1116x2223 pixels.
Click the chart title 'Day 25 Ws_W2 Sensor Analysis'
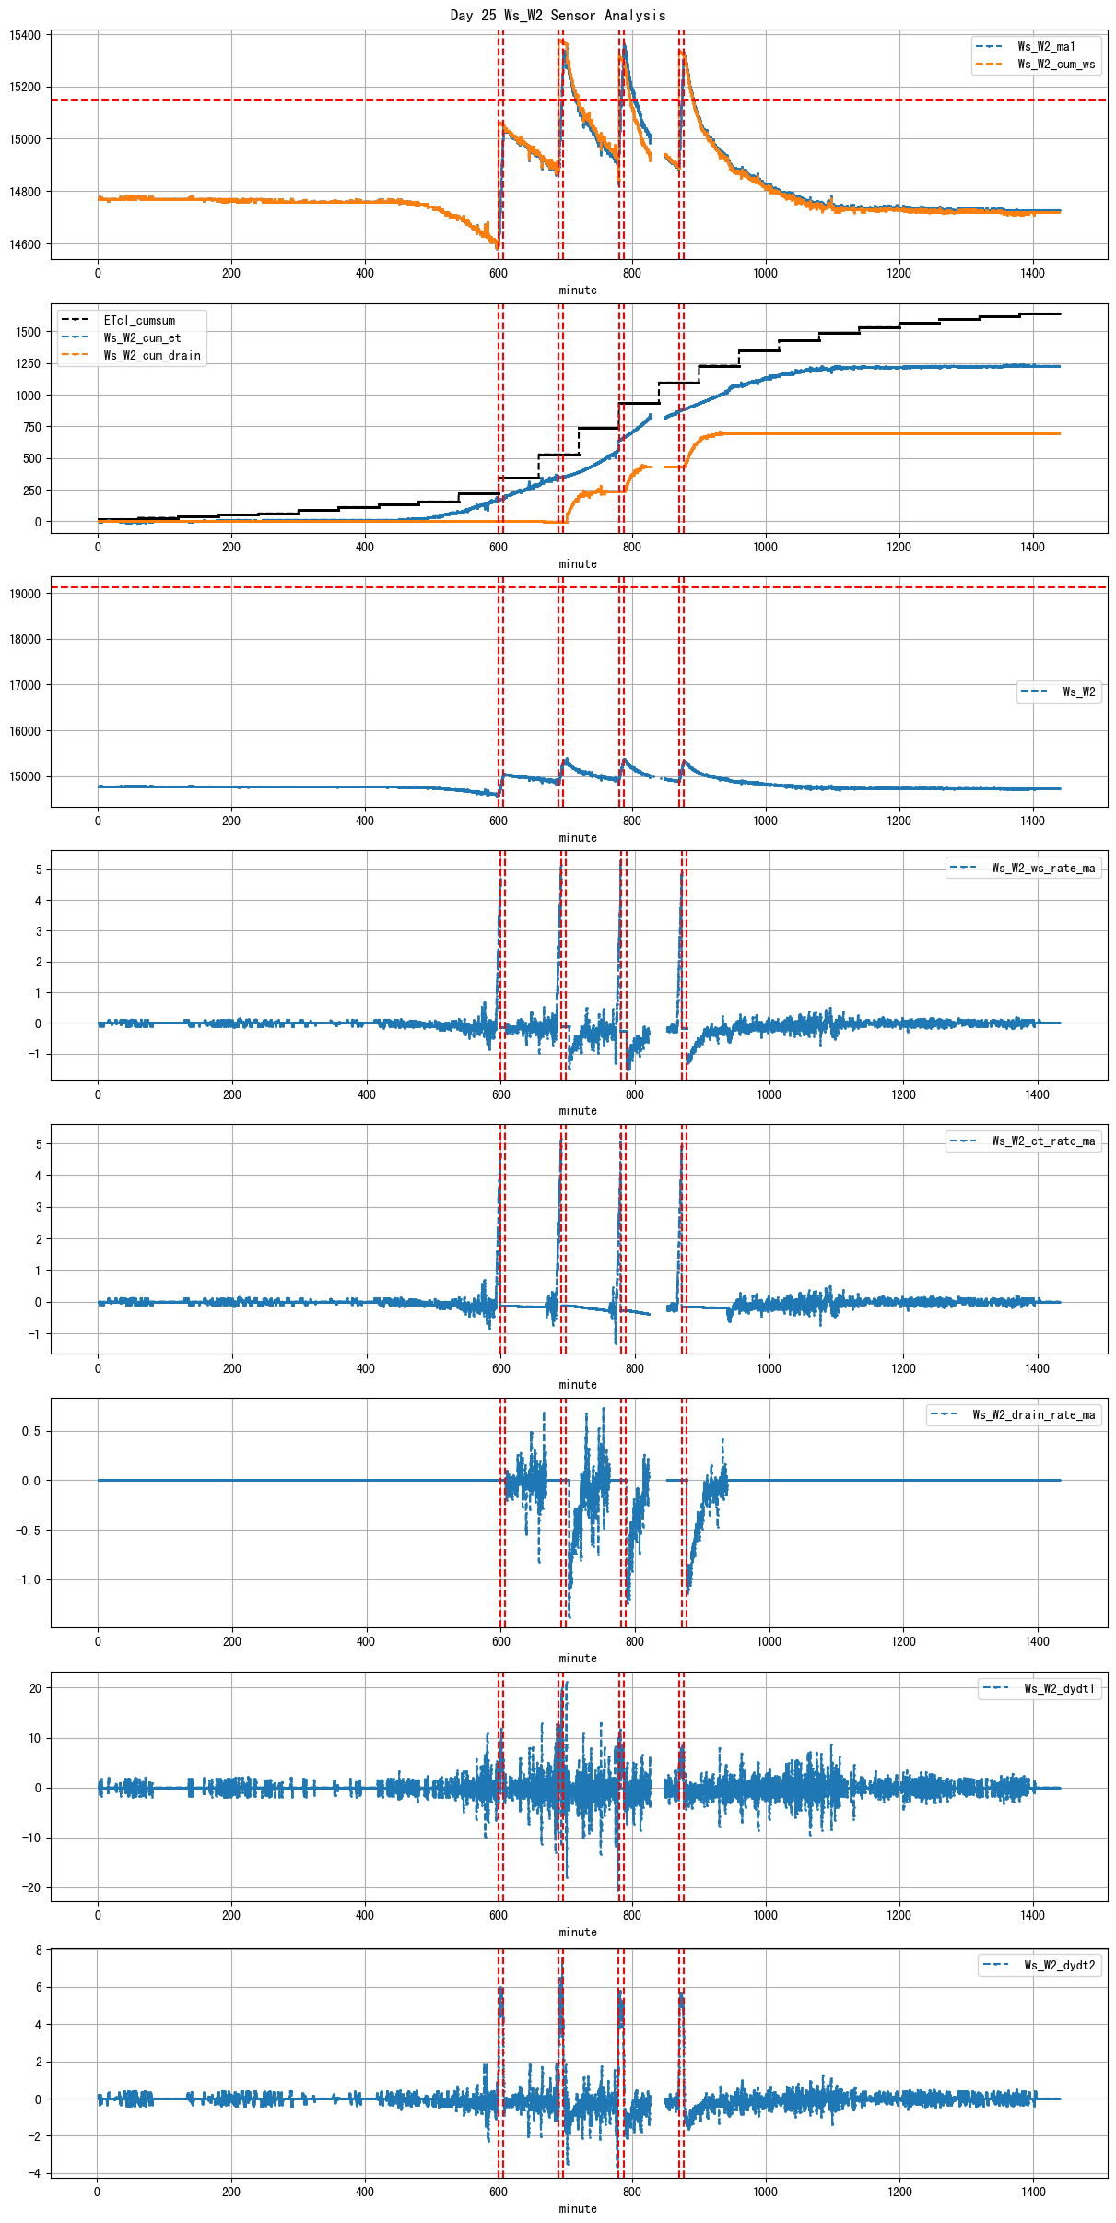click(x=558, y=15)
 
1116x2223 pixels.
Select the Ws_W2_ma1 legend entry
click(x=1046, y=47)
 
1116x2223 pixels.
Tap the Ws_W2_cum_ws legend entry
click(x=1056, y=65)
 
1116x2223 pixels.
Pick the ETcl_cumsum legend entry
click(x=139, y=321)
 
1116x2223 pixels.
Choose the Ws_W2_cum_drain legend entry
click(x=152, y=356)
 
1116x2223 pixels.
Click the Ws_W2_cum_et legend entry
click(x=142, y=338)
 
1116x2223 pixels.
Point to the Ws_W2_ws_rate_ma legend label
click(x=1043, y=868)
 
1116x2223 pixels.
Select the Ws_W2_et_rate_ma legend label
click(x=1043, y=1141)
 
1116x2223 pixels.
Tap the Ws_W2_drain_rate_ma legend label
click(x=1034, y=1415)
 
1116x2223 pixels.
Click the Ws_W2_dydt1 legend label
click(x=1060, y=1689)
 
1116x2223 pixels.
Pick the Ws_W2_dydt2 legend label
click(x=1060, y=1966)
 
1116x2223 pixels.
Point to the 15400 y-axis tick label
click(x=25, y=36)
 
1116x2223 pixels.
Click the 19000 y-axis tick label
click(x=25, y=595)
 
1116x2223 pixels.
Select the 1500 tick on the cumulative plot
click(x=29, y=332)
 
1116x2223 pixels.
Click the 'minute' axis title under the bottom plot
click(x=578, y=2209)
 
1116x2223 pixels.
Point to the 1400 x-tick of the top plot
click(x=1032, y=273)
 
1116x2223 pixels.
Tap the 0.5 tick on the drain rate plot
click(x=31, y=1432)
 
